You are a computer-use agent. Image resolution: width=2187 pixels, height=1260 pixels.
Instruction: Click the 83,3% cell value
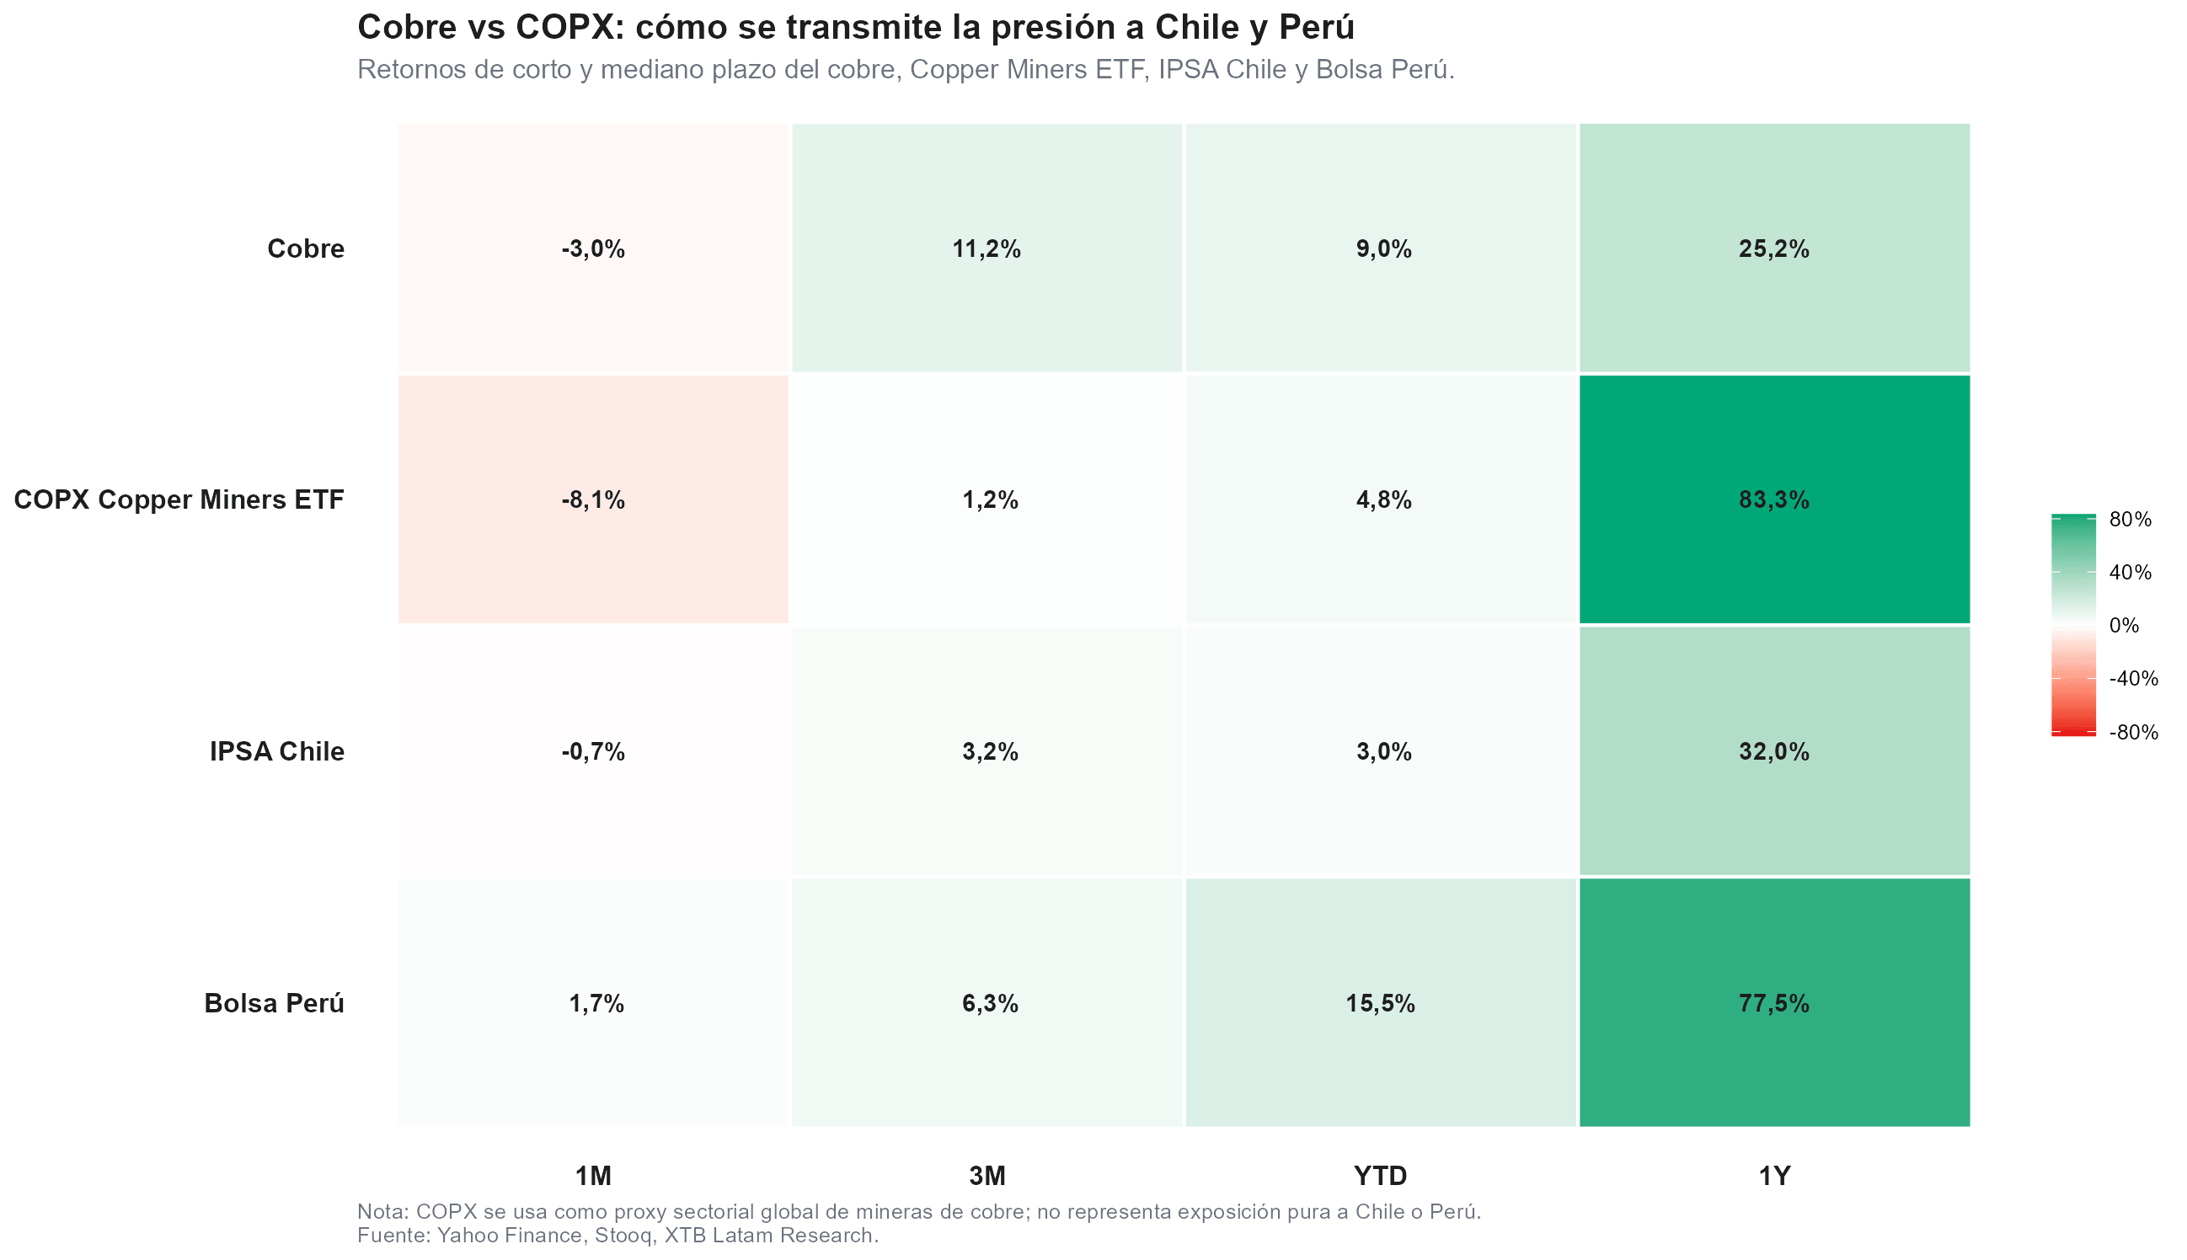(1773, 499)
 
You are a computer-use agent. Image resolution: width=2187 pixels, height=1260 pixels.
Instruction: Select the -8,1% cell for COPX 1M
(593, 499)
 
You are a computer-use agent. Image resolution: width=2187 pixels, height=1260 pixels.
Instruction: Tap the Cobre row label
(306, 248)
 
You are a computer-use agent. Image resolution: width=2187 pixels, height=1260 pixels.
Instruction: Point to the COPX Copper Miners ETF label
(179, 499)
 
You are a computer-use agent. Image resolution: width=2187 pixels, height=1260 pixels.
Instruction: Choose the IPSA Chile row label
(277, 751)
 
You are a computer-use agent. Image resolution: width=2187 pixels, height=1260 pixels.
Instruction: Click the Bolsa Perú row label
(275, 1003)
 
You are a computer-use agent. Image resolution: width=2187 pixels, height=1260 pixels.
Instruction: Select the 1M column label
(594, 1175)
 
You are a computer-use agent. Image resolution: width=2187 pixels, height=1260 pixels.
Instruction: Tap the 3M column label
(987, 1175)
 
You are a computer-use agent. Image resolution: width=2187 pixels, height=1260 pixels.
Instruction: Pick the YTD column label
(1381, 1175)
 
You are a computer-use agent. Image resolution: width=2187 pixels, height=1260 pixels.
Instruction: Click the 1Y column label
(1774, 1175)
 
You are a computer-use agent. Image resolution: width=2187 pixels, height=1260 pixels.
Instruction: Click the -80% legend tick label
(2133, 732)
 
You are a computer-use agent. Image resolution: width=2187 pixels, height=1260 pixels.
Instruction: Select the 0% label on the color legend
(2124, 625)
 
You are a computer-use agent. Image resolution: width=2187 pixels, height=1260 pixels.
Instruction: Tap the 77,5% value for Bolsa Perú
(1773, 1003)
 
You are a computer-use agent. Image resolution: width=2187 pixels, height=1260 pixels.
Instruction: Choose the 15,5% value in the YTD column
(1381, 1003)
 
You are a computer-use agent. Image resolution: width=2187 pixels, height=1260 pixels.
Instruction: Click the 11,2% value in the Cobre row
(987, 249)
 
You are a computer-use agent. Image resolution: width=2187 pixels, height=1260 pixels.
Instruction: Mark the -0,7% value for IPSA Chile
(593, 751)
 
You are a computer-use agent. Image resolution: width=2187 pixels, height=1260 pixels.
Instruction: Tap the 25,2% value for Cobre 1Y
(1773, 249)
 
